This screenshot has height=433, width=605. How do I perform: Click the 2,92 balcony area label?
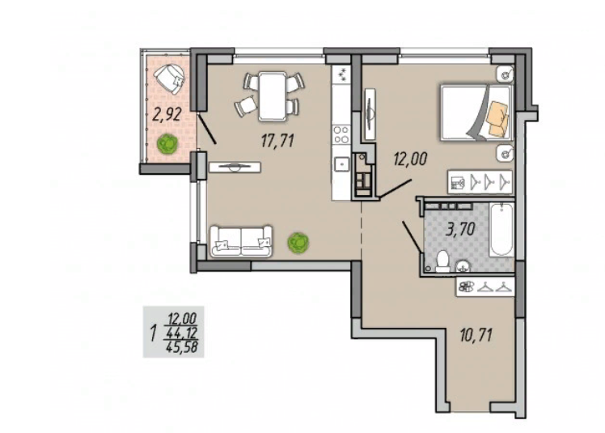167,115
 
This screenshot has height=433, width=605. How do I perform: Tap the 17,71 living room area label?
277,140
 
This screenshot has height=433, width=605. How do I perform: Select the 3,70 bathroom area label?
460,229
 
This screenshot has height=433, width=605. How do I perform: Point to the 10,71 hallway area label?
476,335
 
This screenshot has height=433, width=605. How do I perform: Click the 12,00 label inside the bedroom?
410,159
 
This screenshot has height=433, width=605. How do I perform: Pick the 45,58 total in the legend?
182,347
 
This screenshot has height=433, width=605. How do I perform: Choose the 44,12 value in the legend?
182,333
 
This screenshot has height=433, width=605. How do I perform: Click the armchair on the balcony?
169,78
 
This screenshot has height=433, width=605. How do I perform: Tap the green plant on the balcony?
168,144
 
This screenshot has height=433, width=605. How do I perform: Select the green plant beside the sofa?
298,243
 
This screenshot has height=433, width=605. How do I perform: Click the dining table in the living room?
273,96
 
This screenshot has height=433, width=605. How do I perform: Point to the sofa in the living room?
241,242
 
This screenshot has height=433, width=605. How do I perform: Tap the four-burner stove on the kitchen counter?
341,134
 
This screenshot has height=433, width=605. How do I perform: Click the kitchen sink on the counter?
341,164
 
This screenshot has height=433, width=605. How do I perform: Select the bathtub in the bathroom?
501,230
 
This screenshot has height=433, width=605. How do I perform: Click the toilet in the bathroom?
442,261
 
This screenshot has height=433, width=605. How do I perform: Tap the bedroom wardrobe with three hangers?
480,181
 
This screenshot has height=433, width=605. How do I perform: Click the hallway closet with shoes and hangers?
485,287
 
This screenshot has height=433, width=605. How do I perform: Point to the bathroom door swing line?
412,237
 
